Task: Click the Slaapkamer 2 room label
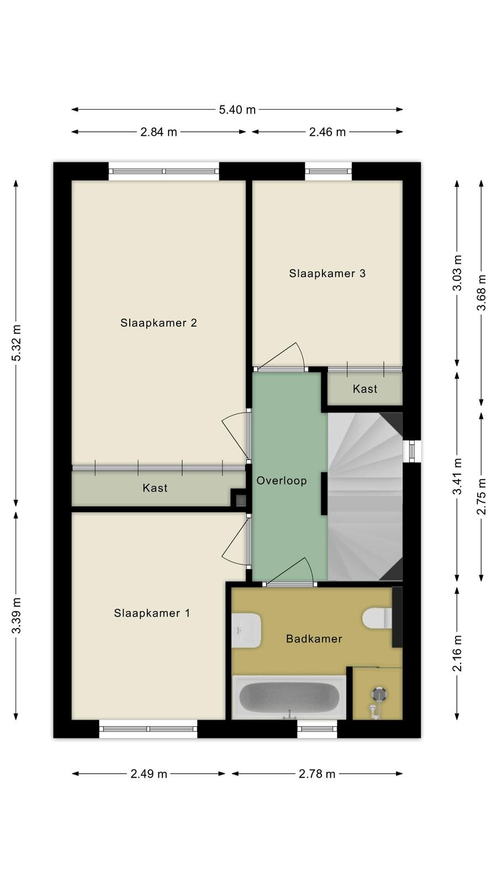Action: click(158, 323)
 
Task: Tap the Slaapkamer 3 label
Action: click(327, 273)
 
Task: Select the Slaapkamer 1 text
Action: click(152, 613)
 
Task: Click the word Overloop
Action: click(282, 481)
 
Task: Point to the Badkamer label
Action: click(314, 639)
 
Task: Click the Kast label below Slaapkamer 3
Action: click(365, 389)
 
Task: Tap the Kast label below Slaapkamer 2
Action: click(155, 488)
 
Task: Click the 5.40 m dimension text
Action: click(237, 110)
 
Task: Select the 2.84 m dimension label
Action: click(158, 132)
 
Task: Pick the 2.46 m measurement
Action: click(327, 132)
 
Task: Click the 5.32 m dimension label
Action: click(16, 343)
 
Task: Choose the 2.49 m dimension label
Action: click(149, 774)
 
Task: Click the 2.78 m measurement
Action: click(317, 774)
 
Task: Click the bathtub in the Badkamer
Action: click(289, 697)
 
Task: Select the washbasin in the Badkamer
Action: click(246, 630)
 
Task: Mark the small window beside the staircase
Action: click(412, 451)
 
